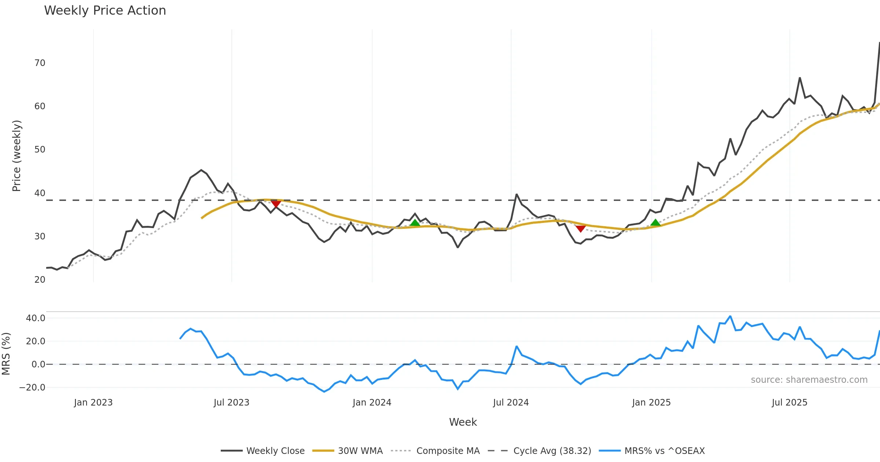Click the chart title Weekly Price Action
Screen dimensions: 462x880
click(x=105, y=11)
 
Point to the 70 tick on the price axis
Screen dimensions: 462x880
click(x=40, y=63)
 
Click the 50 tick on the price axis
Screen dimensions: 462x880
click(x=40, y=150)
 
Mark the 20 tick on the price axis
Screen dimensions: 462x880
click(x=40, y=280)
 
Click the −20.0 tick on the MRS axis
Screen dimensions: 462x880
click(x=32, y=388)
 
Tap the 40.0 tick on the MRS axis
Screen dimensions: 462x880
click(x=36, y=318)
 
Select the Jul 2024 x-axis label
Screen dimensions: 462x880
click(x=511, y=403)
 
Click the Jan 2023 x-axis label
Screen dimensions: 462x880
click(x=93, y=403)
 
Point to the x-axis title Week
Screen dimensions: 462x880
click(x=463, y=422)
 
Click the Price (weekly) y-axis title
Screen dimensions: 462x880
click(x=16, y=156)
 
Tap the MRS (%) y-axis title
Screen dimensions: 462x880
click(x=6, y=354)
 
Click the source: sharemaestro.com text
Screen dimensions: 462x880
click(x=809, y=380)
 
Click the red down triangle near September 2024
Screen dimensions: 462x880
click(x=580, y=229)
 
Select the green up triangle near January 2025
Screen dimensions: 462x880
click(x=655, y=223)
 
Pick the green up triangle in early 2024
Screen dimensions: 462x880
click(x=415, y=223)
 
